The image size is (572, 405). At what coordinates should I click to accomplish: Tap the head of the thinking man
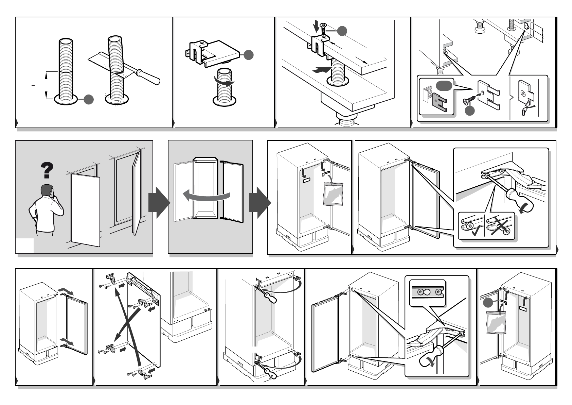click(x=47, y=191)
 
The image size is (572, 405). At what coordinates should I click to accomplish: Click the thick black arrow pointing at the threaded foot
click(x=321, y=70)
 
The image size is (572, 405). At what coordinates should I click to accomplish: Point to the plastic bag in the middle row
click(x=333, y=194)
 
